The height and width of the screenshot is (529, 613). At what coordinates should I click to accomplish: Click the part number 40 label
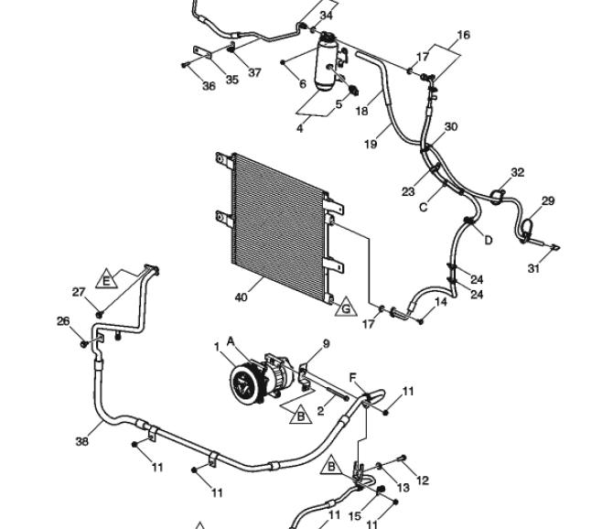point(242,297)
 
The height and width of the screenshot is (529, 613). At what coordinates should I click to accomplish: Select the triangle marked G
point(346,307)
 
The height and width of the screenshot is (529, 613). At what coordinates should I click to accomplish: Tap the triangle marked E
point(106,279)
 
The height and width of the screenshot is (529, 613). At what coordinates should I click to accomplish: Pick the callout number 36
point(210,86)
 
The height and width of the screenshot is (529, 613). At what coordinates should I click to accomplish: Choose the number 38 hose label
point(81,441)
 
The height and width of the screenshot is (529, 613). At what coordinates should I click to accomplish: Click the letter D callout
point(489,240)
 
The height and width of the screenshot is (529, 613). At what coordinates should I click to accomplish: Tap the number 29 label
point(548,201)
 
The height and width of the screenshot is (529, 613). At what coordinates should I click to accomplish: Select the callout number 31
point(534,268)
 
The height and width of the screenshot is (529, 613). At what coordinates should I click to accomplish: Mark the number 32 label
point(518,172)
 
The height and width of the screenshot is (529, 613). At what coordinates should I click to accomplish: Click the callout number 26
point(63,321)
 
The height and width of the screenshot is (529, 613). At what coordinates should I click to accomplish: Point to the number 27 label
point(79,292)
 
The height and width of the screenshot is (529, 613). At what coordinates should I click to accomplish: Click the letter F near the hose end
point(353,378)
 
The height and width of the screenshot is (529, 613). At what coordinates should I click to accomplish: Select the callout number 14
point(441,302)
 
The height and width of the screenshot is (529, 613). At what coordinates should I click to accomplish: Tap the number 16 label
point(463,35)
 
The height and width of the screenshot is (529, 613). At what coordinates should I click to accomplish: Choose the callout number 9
point(326,344)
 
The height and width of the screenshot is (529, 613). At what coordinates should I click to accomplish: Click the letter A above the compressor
point(231,341)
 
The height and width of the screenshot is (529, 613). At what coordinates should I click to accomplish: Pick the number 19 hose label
point(371,145)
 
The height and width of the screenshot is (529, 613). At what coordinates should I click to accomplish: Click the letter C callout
point(423,207)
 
